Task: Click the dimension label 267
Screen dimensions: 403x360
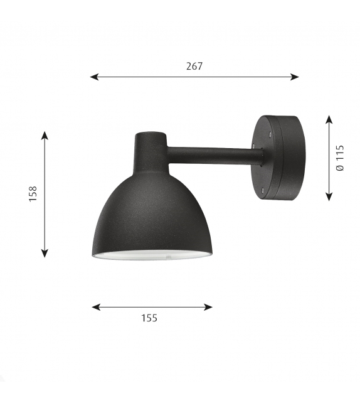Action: tap(194, 66)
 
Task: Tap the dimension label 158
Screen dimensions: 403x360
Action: tap(33, 193)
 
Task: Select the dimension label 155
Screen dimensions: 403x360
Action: tap(149, 318)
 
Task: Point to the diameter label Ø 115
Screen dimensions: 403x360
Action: tap(340, 158)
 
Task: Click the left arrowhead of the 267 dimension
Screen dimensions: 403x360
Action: tap(94, 77)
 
